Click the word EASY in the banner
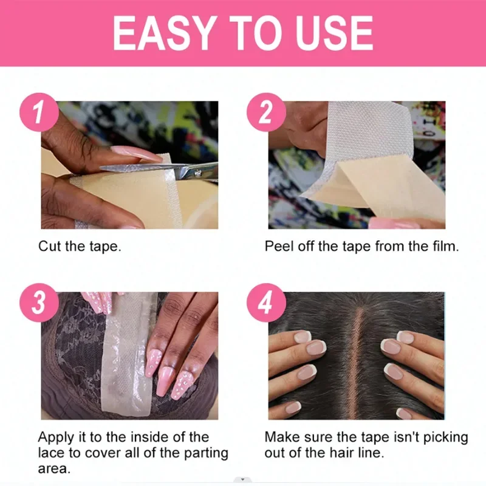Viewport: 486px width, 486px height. (x=165, y=33)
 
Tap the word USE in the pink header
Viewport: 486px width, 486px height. (x=335, y=33)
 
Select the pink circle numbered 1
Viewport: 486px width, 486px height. (x=39, y=112)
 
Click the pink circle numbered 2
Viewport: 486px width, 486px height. (x=266, y=112)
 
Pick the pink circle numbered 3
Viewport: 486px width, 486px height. (x=39, y=303)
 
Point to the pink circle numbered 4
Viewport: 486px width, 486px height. (x=266, y=303)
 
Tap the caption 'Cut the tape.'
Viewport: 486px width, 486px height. (x=80, y=247)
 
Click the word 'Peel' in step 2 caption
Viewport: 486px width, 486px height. (x=279, y=247)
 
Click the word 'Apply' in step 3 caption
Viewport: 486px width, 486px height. (x=56, y=437)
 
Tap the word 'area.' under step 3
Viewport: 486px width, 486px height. (x=54, y=468)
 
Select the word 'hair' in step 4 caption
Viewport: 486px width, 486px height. (x=341, y=453)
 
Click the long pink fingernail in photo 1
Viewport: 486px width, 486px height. (x=136, y=154)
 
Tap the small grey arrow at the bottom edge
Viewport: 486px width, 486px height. (x=242, y=479)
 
